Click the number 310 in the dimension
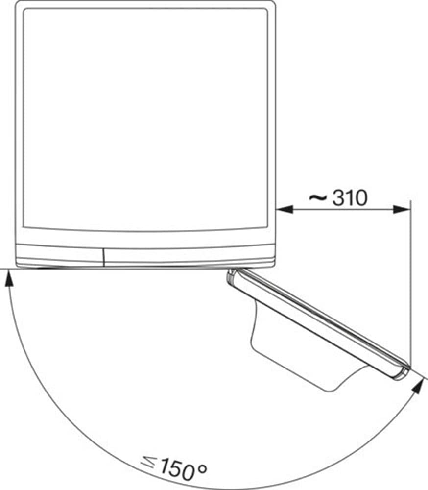[x=350, y=198]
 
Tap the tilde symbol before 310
[x=318, y=197]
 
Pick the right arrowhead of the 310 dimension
[x=403, y=209]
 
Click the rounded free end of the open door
[x=402, y=372]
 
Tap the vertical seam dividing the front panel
[x=104, y=256]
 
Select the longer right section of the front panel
[x=189, y=256]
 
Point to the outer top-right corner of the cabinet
[x=274, y=3]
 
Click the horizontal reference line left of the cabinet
[x=8, y=269]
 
